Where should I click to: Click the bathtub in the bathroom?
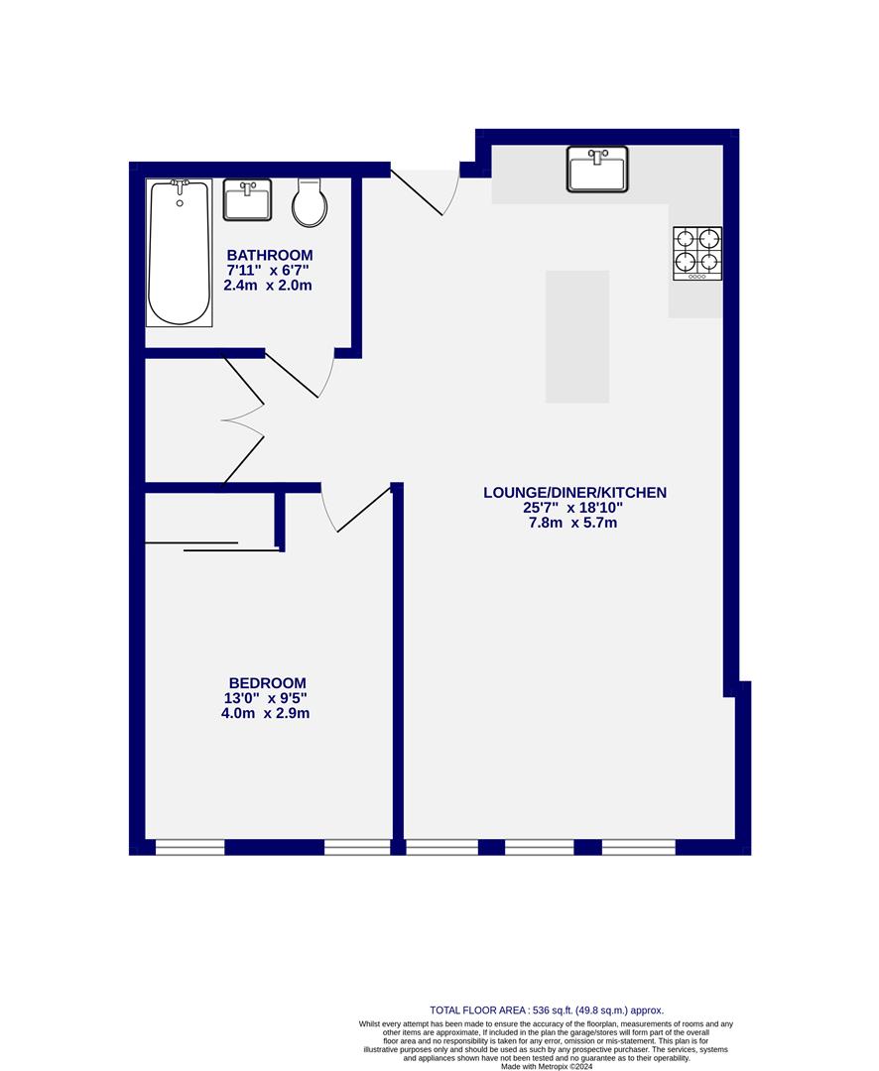[180, 253]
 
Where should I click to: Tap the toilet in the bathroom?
[310, 204]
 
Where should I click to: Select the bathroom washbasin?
[247, 200]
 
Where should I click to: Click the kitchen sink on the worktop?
[597, 169]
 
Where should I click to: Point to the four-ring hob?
[697, 252]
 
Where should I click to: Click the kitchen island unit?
[577, 336]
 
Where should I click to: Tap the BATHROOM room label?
[270, 255]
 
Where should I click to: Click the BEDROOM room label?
[267, 683]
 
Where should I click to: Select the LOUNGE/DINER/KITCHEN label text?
[574, 492]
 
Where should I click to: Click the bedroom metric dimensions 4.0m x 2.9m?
[266, 713]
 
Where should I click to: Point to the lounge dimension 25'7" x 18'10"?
[573, 508]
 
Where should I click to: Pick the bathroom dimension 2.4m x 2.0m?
[270, 286]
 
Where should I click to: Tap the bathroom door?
[298, 377]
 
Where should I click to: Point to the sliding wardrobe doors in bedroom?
[210, 546]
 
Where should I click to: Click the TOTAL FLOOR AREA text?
[546, 1009]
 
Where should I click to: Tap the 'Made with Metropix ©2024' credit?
[546, 1066]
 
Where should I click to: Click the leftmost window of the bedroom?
[190, 847]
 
